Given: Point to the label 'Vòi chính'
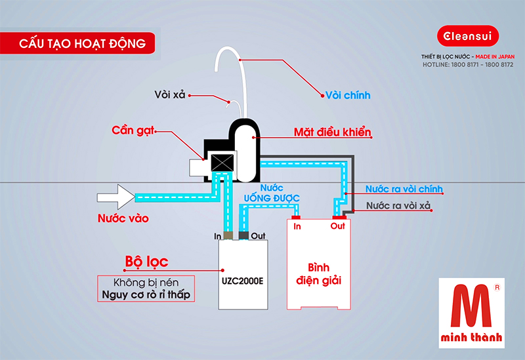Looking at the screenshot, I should pyautogui.click(x=348, y=95).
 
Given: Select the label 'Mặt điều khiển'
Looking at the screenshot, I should pyautogui.click(x=332, y=132).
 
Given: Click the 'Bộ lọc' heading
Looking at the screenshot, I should pyautogui.click(x=146, y=262).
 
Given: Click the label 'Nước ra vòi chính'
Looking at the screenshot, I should pyautogui.click(x=404, y=189).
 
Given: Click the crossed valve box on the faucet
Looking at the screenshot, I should pyautogui.click(x=217, y=163).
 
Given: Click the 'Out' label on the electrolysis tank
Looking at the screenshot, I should pyautogui.click(x=337, y=227).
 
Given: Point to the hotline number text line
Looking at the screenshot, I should pyautogui.click(x=467, y=65).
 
